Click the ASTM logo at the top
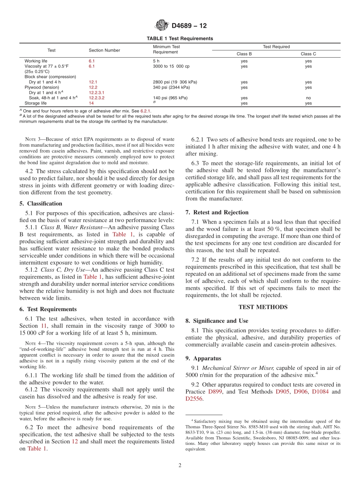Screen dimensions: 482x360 click(x=162, y=26)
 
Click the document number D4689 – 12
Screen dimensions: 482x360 click(x=189, y=26)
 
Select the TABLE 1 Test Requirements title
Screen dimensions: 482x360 click(x=180, y=39)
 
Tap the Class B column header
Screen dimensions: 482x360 click(x=244, y=54)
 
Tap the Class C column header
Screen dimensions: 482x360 click(x=308, y=54)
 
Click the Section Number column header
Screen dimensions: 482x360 click(x=104, y=50)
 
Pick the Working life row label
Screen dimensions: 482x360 click(x=36, y=61)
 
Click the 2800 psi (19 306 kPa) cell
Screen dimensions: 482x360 click(x=175, y=82)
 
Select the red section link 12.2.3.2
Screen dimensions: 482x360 click(x=96, y=98)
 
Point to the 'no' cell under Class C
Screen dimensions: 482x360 click(x=308, y=98)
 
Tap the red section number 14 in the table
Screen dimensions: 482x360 click(x=91, y=103)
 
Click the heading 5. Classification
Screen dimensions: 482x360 click(x=41, y=203)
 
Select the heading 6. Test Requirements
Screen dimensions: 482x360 click(x=48, y=309)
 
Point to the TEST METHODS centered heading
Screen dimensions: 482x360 click(x=263, y=307)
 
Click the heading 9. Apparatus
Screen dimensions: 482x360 click(x=203, y=358)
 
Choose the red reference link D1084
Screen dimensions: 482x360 click(x=320, y=391)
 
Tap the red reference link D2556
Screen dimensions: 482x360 click(x=194, y=399)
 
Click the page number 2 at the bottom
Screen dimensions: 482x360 click(x=180, y=466)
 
